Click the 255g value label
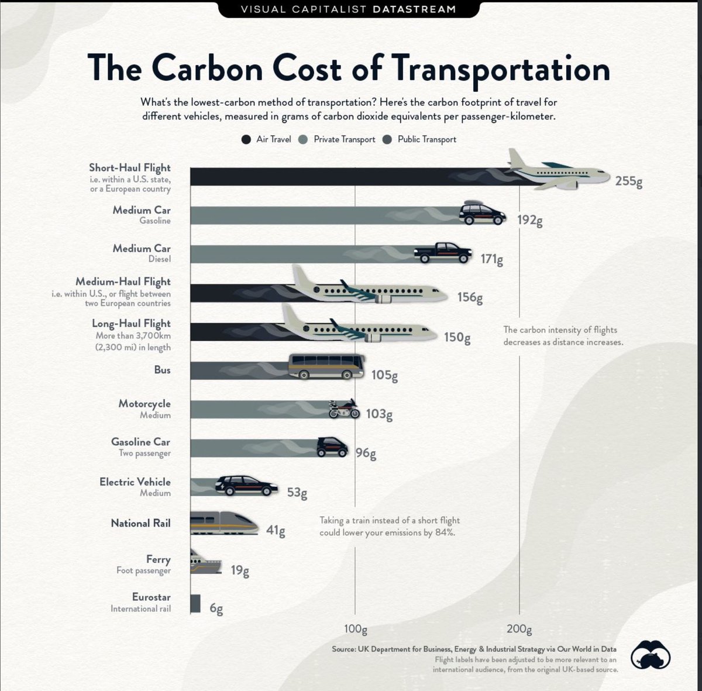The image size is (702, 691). point(628,181)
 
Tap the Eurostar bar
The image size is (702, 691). point(195,604)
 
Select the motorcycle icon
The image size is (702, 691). point(343,409)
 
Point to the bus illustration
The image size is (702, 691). point(326,367)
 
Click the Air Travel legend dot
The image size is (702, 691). point(246,139)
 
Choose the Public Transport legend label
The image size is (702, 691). point(426,139)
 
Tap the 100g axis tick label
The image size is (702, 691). point(355,630)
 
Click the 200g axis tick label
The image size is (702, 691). point(519,630)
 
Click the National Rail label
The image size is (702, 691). point(140,523)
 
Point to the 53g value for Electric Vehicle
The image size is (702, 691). point(297,493)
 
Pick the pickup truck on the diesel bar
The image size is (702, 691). point(443,253)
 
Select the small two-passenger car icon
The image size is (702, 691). point(332,447)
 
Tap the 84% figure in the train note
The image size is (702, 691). point(445,533)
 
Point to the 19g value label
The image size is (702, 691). point(240,570)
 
